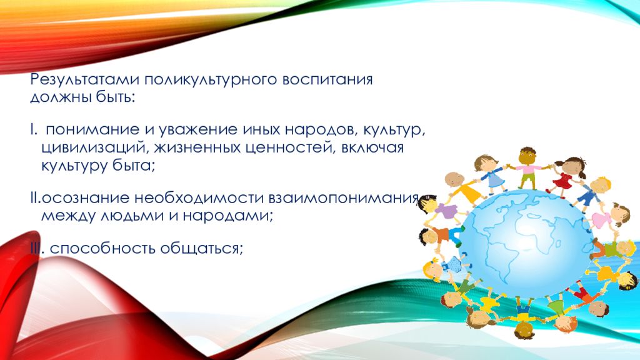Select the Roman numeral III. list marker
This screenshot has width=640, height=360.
pos(37,248)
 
